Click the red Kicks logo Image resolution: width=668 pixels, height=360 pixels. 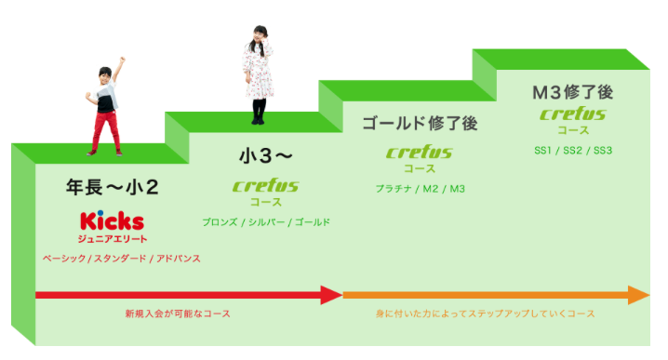(112, 220)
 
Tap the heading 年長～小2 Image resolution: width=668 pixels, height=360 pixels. (112, 188)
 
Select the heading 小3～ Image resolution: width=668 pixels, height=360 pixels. (266, 156)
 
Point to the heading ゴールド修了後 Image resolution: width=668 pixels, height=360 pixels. (420, 124)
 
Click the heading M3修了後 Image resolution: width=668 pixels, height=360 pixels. (573, 92)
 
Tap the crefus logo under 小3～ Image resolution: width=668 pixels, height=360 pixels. (266, 186)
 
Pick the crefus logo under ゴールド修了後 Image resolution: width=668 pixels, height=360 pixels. (420, 153)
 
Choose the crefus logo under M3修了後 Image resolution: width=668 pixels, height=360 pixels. (573, 113)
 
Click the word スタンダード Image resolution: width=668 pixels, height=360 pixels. (120, 259)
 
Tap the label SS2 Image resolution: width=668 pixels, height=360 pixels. (572, 151)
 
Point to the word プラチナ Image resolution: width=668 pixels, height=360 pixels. (394, 189)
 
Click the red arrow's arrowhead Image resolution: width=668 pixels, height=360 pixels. (331, 295)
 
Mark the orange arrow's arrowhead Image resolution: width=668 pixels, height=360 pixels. (639, 295)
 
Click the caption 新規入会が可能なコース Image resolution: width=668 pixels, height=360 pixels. (178, 314)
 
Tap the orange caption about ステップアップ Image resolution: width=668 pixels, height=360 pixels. (486, 314)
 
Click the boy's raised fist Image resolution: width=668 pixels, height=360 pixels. (122, 60)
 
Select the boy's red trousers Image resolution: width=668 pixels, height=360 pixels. (106, 130)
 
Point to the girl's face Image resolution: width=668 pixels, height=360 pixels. (259, 35)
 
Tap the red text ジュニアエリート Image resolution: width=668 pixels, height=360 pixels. (113, 239)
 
